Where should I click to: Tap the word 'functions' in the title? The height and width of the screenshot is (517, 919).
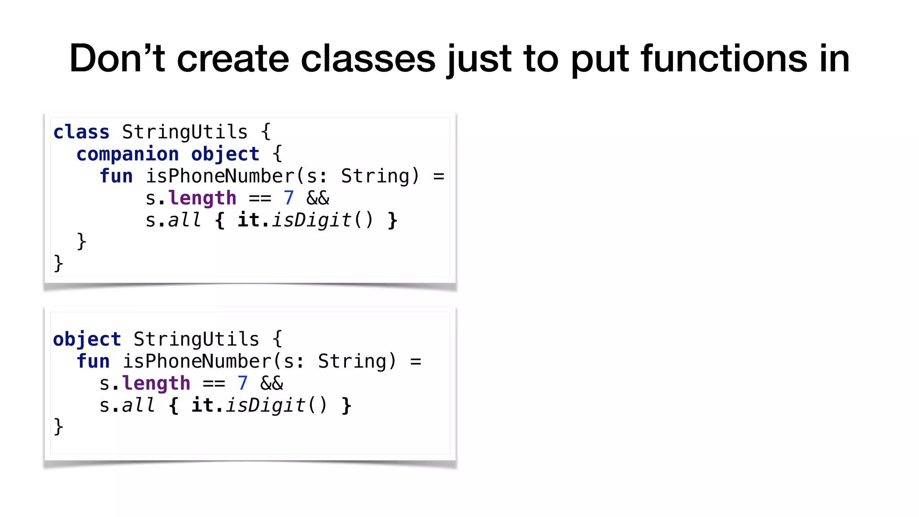pos(723,59)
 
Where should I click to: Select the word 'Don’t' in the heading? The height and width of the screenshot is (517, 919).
pos(118,59)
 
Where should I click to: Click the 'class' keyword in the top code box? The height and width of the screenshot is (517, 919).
pos(81,132)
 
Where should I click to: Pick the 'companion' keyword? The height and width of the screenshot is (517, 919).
pos(127,154)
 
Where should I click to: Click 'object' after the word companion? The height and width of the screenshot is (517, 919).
pos(225,154)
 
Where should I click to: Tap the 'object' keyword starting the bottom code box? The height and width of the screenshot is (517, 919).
pos(87,340)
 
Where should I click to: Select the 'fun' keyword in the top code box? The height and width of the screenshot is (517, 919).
pos(116,176)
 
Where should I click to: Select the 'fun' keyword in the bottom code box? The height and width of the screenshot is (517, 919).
pos(93,362)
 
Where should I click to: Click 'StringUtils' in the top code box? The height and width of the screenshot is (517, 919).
pos(184,132)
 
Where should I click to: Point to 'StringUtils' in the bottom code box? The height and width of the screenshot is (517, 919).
pos(196,340)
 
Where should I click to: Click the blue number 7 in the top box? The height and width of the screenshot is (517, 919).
pos(289,198)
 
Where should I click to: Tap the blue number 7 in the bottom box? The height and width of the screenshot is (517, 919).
pos(242,384)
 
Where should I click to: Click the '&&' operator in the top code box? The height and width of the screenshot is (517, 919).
pos(318,198)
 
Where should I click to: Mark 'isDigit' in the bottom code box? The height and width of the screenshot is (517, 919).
pos(266,406)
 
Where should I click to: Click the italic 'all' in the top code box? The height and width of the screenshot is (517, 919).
pos(184,220)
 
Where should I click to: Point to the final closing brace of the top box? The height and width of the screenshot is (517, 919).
pos(58,263)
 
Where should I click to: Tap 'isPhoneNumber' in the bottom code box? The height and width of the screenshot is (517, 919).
pos(197,362)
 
